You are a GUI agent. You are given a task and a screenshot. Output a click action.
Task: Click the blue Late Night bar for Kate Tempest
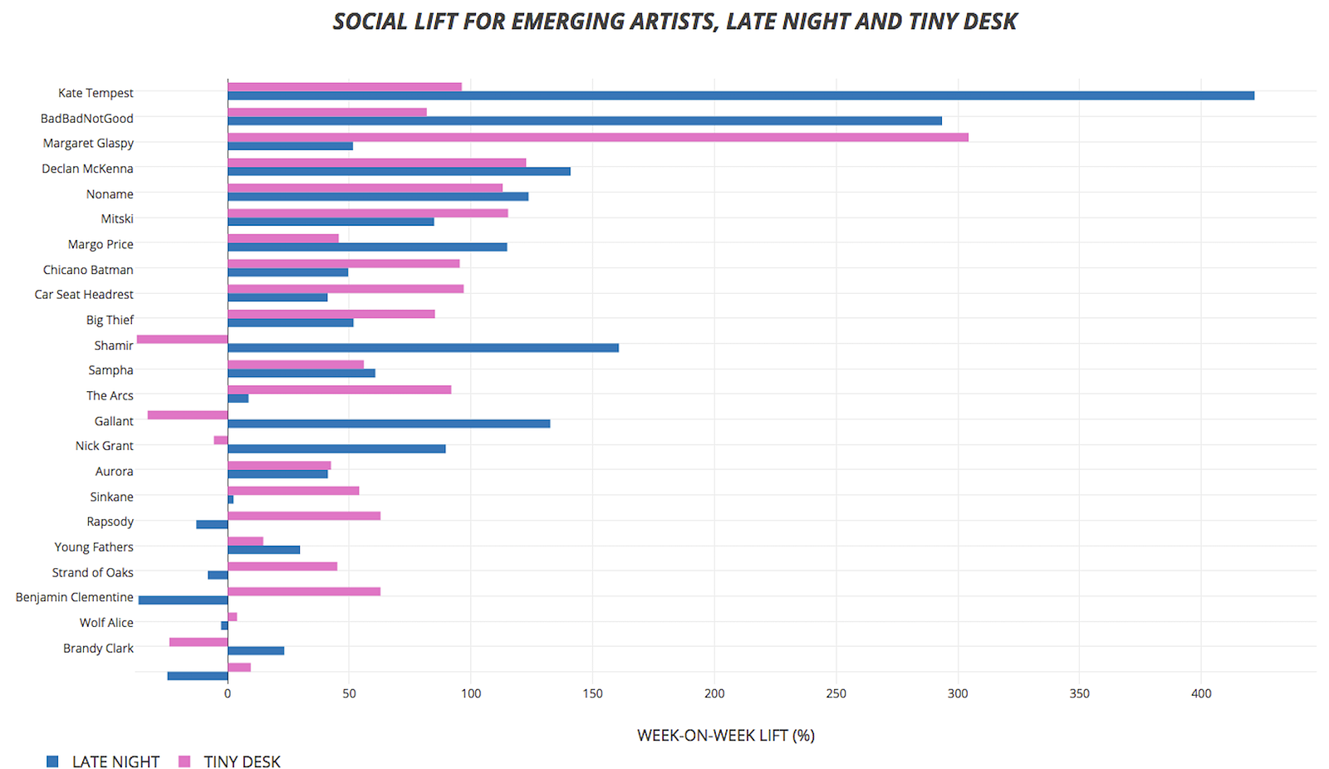[x=739, y=96]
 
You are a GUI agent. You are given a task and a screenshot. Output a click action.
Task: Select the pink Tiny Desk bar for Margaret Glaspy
[x=598, y=137]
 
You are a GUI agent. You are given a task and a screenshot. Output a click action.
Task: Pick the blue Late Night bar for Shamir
[x=424, y=348]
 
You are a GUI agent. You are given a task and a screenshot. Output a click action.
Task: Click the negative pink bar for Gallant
[x=188, y=415]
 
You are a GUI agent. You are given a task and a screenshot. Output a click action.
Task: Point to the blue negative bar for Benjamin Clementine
[x=183, y=600]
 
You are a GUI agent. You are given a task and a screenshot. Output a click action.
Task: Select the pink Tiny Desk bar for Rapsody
[x=304, y=517]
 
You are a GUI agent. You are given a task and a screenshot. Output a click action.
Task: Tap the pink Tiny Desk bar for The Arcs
[x=339, y=389]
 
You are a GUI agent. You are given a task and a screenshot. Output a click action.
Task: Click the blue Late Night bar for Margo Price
[x=367, y=247]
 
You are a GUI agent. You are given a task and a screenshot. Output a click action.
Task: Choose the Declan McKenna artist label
[x=87, y=169]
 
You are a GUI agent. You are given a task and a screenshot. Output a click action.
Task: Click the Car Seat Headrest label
[x=84, y=295]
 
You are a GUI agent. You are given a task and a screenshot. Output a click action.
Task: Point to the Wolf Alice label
[x=106, y=623]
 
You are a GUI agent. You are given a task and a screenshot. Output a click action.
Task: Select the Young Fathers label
[x=94, y=547]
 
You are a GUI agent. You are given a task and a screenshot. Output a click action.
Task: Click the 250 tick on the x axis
[x=836, y=693]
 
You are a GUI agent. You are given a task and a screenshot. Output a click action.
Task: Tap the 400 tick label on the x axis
[x=1201, y=693]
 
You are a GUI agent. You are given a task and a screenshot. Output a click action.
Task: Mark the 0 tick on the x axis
[x=228, y=693]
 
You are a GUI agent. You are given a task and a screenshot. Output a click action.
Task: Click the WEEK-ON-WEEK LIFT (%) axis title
[x=725, y=736]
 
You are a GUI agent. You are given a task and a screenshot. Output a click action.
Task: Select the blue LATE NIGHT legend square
[x=52, y=762]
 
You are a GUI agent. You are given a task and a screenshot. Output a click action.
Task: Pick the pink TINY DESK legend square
[x=184, y=762]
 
